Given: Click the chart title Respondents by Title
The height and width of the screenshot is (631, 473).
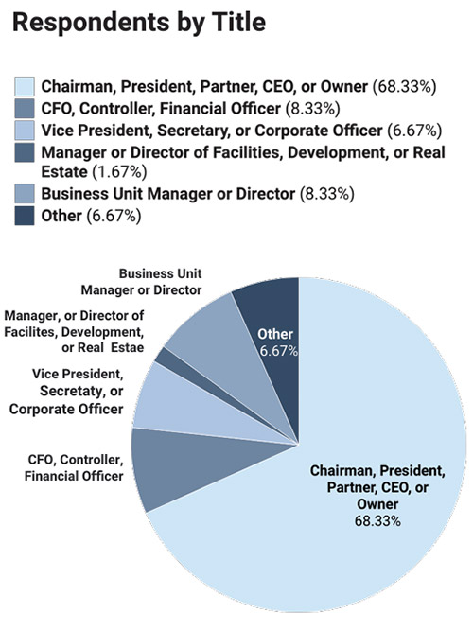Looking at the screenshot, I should pos(139,23).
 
